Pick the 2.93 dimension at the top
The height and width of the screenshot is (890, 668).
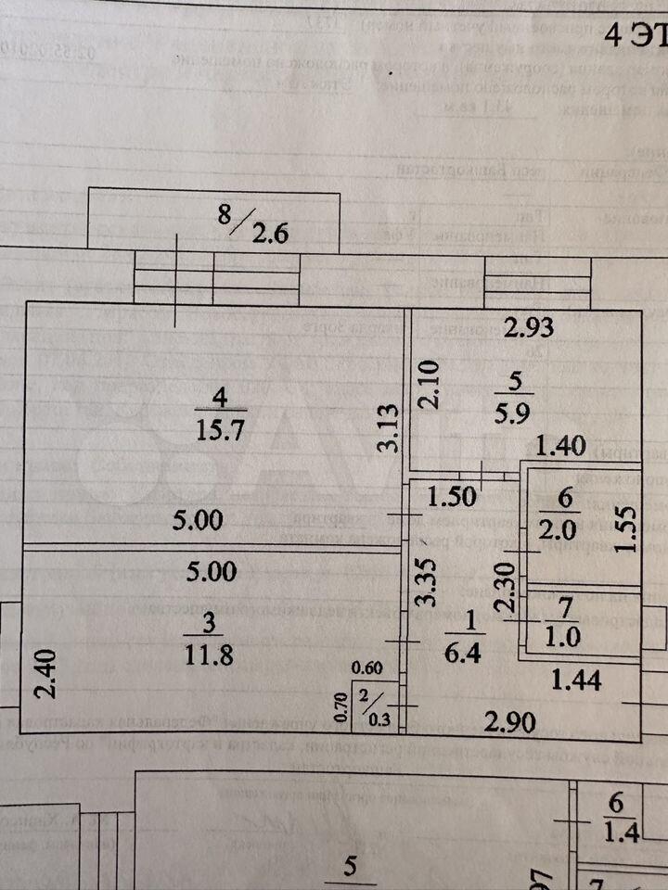click(x=530, y=326)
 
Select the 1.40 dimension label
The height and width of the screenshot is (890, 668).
click(x=562, y=448)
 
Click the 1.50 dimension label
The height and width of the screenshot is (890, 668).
click(x=452, y=496)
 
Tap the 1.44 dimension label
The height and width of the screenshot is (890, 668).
click(x=576, y=680)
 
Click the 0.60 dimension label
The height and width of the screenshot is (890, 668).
click(x=366, y=667)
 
